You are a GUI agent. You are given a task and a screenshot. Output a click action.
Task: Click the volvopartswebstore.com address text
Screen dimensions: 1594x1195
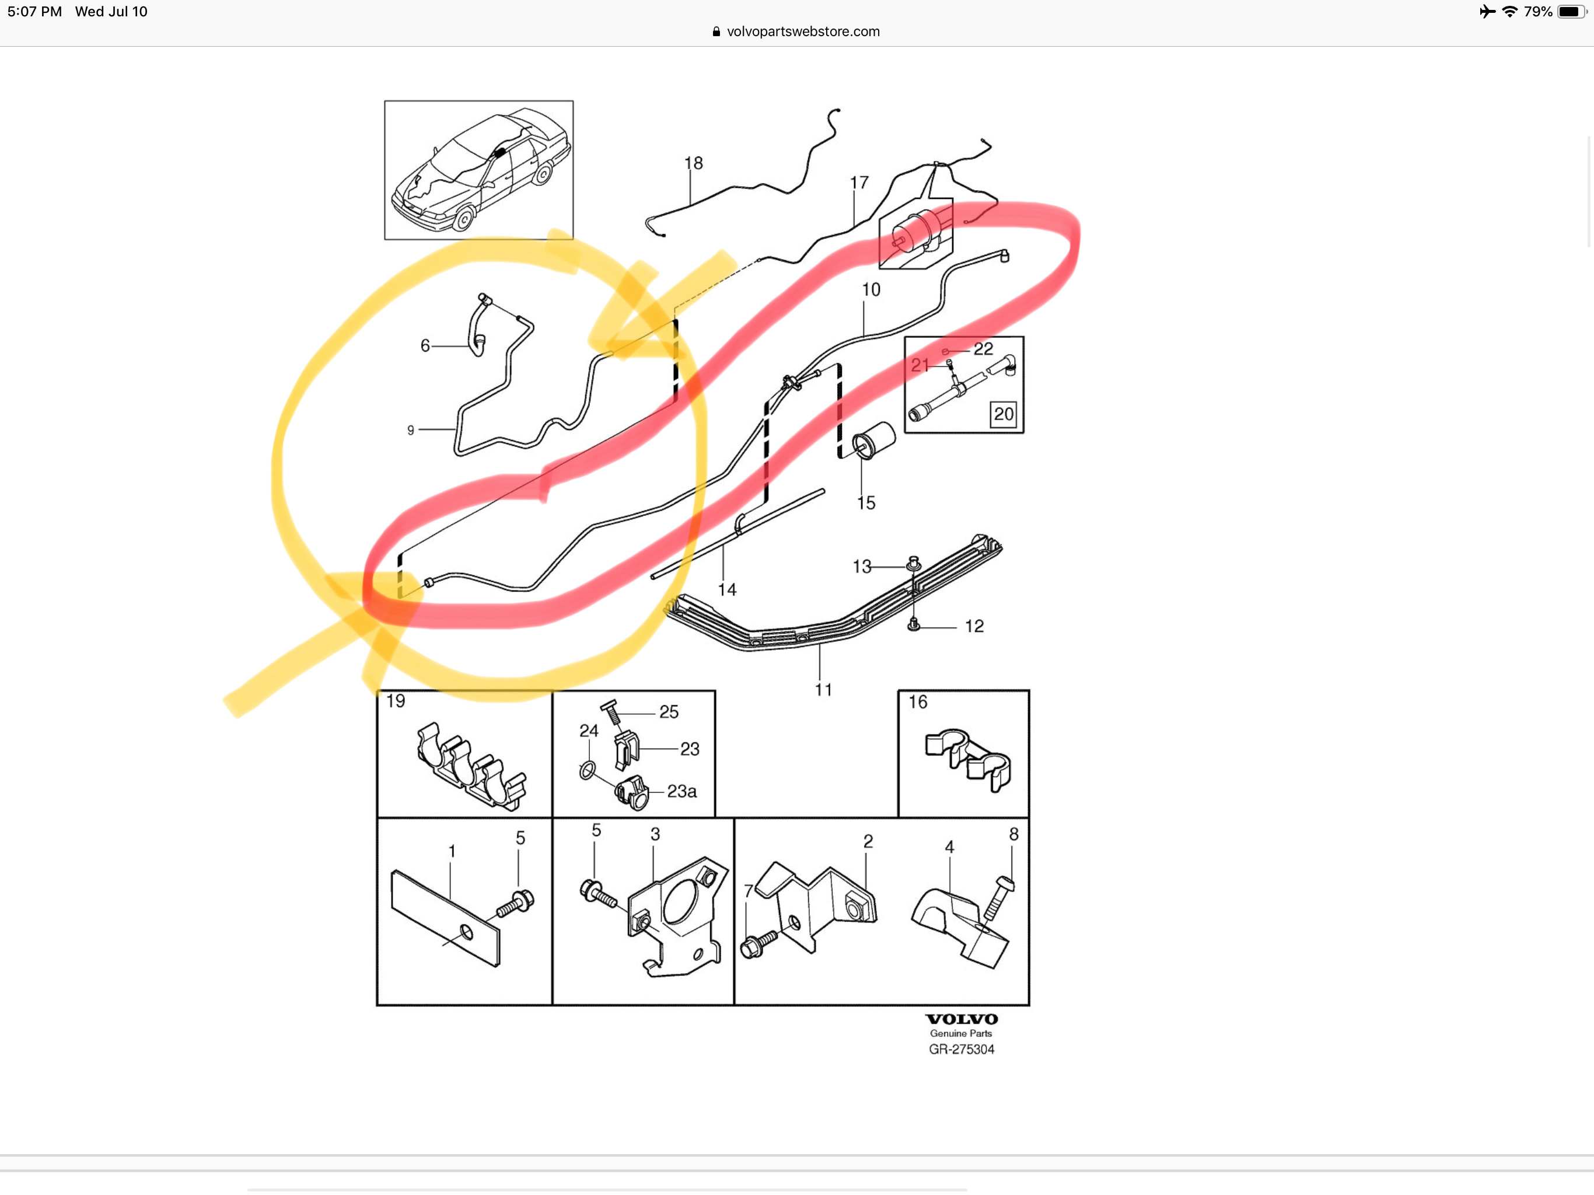click(x=803, y=31)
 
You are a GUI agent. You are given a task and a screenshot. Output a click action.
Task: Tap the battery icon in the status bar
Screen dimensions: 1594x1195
click(x=1571, y=12)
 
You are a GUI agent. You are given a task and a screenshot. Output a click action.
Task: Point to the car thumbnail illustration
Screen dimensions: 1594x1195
click(x=478, y=170)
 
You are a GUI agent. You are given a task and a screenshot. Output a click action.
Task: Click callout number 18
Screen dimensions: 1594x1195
click(x=693, y=163)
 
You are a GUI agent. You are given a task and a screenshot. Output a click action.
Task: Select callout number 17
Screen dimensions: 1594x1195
click(x=859, y=183)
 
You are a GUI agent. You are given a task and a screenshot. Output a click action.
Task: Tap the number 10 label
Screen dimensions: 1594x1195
click(x=871, y=290)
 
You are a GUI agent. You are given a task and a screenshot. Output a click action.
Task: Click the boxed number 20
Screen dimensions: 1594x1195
click(x=1003, y=414)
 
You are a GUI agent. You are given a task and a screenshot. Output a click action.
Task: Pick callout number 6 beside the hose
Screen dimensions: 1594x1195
click(x=425, y=346)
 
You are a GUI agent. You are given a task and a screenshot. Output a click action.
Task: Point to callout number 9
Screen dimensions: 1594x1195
click(x=411, y=430)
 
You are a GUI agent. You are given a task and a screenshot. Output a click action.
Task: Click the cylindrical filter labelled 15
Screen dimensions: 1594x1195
click(x=873, y=439)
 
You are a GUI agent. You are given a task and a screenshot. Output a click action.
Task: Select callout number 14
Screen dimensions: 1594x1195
click(x=727, y=589)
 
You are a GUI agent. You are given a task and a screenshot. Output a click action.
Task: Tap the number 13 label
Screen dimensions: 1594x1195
click(x=862, y=567)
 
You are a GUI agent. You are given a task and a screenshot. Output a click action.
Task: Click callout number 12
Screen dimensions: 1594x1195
click(x=974, y=626)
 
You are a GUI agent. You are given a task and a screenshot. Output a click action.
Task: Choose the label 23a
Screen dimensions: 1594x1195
click(x=681, y=791)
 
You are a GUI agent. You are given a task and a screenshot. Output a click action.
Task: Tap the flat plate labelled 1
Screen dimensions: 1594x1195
click(x=445, y=917)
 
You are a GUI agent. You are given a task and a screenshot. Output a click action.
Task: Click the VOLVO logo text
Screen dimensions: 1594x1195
click(x=962, y=1019)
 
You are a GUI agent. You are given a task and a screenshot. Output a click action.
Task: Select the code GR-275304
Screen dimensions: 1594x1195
click(x=962, y=1049)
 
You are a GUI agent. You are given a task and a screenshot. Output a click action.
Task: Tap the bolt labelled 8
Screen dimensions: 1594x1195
click(x=999, y=897)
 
